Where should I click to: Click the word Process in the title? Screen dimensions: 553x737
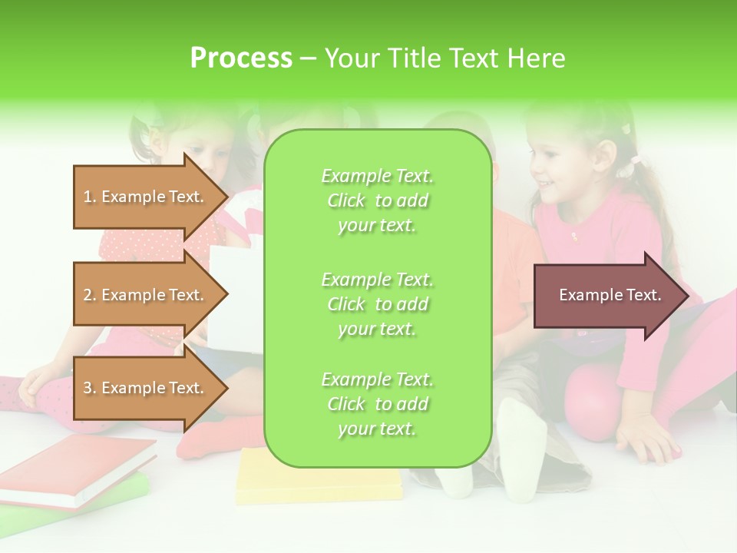pyautogui.click(x=241, y=58)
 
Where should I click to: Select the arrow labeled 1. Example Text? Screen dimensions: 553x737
pyautogui.click(x=146, y=197)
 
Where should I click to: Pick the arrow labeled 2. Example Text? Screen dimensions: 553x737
pyautogui.click(x=146, y=295)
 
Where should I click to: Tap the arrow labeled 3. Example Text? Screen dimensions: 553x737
pyautogui.click(x=146, y=388)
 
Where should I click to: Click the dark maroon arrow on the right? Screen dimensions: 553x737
pyautogui.click(x=610, y=296)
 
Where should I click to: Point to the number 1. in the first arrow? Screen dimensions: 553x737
pyautogui.click(x=90, y=197)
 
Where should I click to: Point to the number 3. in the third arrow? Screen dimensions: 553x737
pyautogui.click(x=90, y=388)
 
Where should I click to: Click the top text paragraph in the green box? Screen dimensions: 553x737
pyautogui.click(x=377, y=200)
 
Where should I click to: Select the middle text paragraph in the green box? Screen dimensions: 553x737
pyautogui.click(x=377, y=304)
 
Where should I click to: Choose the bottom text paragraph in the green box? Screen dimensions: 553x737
pyautogui.click(x=377, y=404)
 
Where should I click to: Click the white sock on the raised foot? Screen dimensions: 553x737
pyautogui.click(x=522, y=445)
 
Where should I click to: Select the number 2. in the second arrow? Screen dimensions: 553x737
pyautogui.click(x=90, y=295)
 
